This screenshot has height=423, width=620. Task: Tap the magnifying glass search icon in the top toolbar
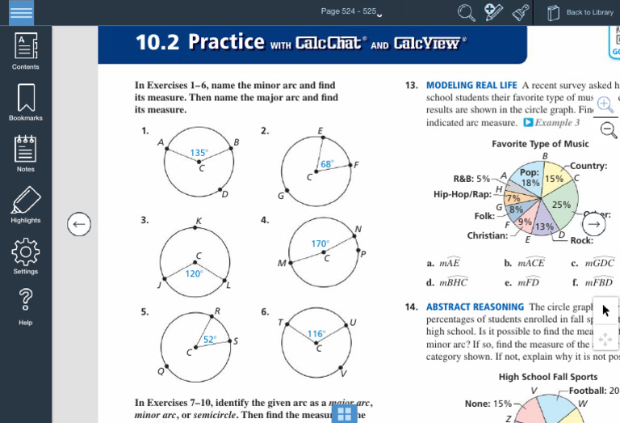(x=467, y=12)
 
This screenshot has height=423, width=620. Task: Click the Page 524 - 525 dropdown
(x=351, y=11)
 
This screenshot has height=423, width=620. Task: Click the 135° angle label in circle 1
(x=199, y=152)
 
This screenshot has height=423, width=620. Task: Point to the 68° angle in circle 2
(x=326, y=163)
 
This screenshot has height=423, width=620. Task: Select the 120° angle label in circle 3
(x=194, y=273)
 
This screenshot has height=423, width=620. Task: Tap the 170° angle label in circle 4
(x=320, y=243)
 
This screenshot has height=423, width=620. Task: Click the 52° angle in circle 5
(x=209, y=340)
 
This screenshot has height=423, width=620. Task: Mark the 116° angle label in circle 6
(x=315, y=333)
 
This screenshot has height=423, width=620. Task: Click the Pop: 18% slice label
(x=530, y=178)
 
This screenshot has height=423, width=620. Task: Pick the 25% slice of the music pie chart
(x=561, y=205)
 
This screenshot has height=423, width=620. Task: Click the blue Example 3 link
(x=552, y=123)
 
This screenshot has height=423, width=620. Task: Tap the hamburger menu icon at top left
(x=21, y=12)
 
